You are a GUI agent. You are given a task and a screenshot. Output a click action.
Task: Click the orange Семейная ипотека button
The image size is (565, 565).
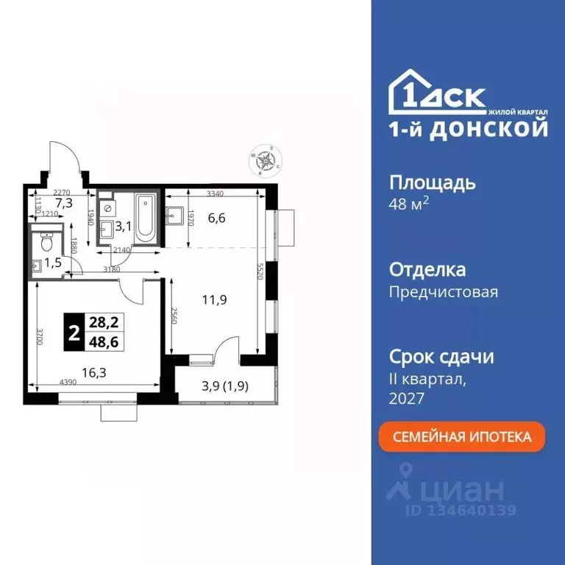point(463,437)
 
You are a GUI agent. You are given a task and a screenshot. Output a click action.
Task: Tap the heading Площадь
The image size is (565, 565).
point(432,182)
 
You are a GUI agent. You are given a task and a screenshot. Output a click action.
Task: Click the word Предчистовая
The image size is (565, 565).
point(443,292)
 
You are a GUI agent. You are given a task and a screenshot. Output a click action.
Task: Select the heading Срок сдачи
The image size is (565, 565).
point(441,357)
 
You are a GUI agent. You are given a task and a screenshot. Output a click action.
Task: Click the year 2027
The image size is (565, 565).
point(406,398)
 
